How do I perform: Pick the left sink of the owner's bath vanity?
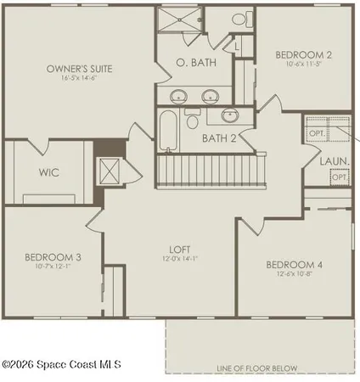tap(180, 95)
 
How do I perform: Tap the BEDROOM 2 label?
tap(303, 55)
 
